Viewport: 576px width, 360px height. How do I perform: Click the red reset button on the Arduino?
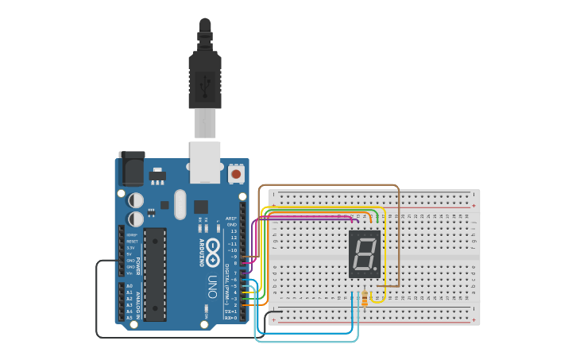236,173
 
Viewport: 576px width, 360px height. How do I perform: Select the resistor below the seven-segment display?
365,298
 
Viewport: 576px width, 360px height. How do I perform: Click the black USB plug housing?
205,79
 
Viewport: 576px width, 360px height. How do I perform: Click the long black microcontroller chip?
155,274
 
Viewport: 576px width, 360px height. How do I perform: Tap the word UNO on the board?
212,285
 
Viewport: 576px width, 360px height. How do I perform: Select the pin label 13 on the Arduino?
233,231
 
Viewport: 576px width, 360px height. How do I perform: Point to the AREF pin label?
231,219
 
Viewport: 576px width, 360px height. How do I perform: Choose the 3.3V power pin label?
131,248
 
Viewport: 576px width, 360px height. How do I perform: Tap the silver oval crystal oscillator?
180,204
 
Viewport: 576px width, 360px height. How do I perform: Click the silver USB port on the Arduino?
205,157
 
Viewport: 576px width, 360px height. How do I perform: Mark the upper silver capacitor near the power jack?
136,199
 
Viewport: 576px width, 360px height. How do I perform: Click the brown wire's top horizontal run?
329,186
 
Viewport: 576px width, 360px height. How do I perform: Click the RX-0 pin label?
230,317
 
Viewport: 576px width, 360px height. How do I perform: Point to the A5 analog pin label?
130,317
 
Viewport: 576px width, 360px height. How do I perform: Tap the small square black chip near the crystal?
201,206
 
